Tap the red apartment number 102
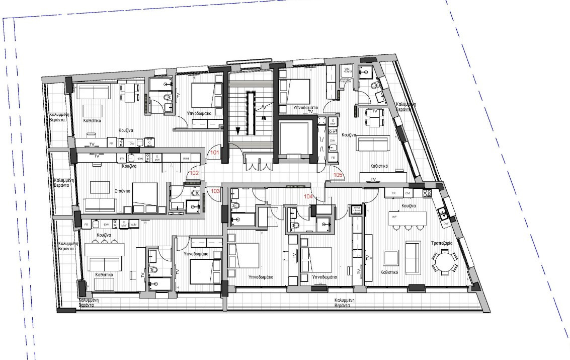(194, 173)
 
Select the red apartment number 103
(215, 191)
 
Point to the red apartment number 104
(308, 196)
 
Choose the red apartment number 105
(339, 175)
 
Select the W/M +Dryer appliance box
(347, 70)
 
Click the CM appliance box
(408, 192)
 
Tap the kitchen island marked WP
(408, 218)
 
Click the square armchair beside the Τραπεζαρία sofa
(391, 258)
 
